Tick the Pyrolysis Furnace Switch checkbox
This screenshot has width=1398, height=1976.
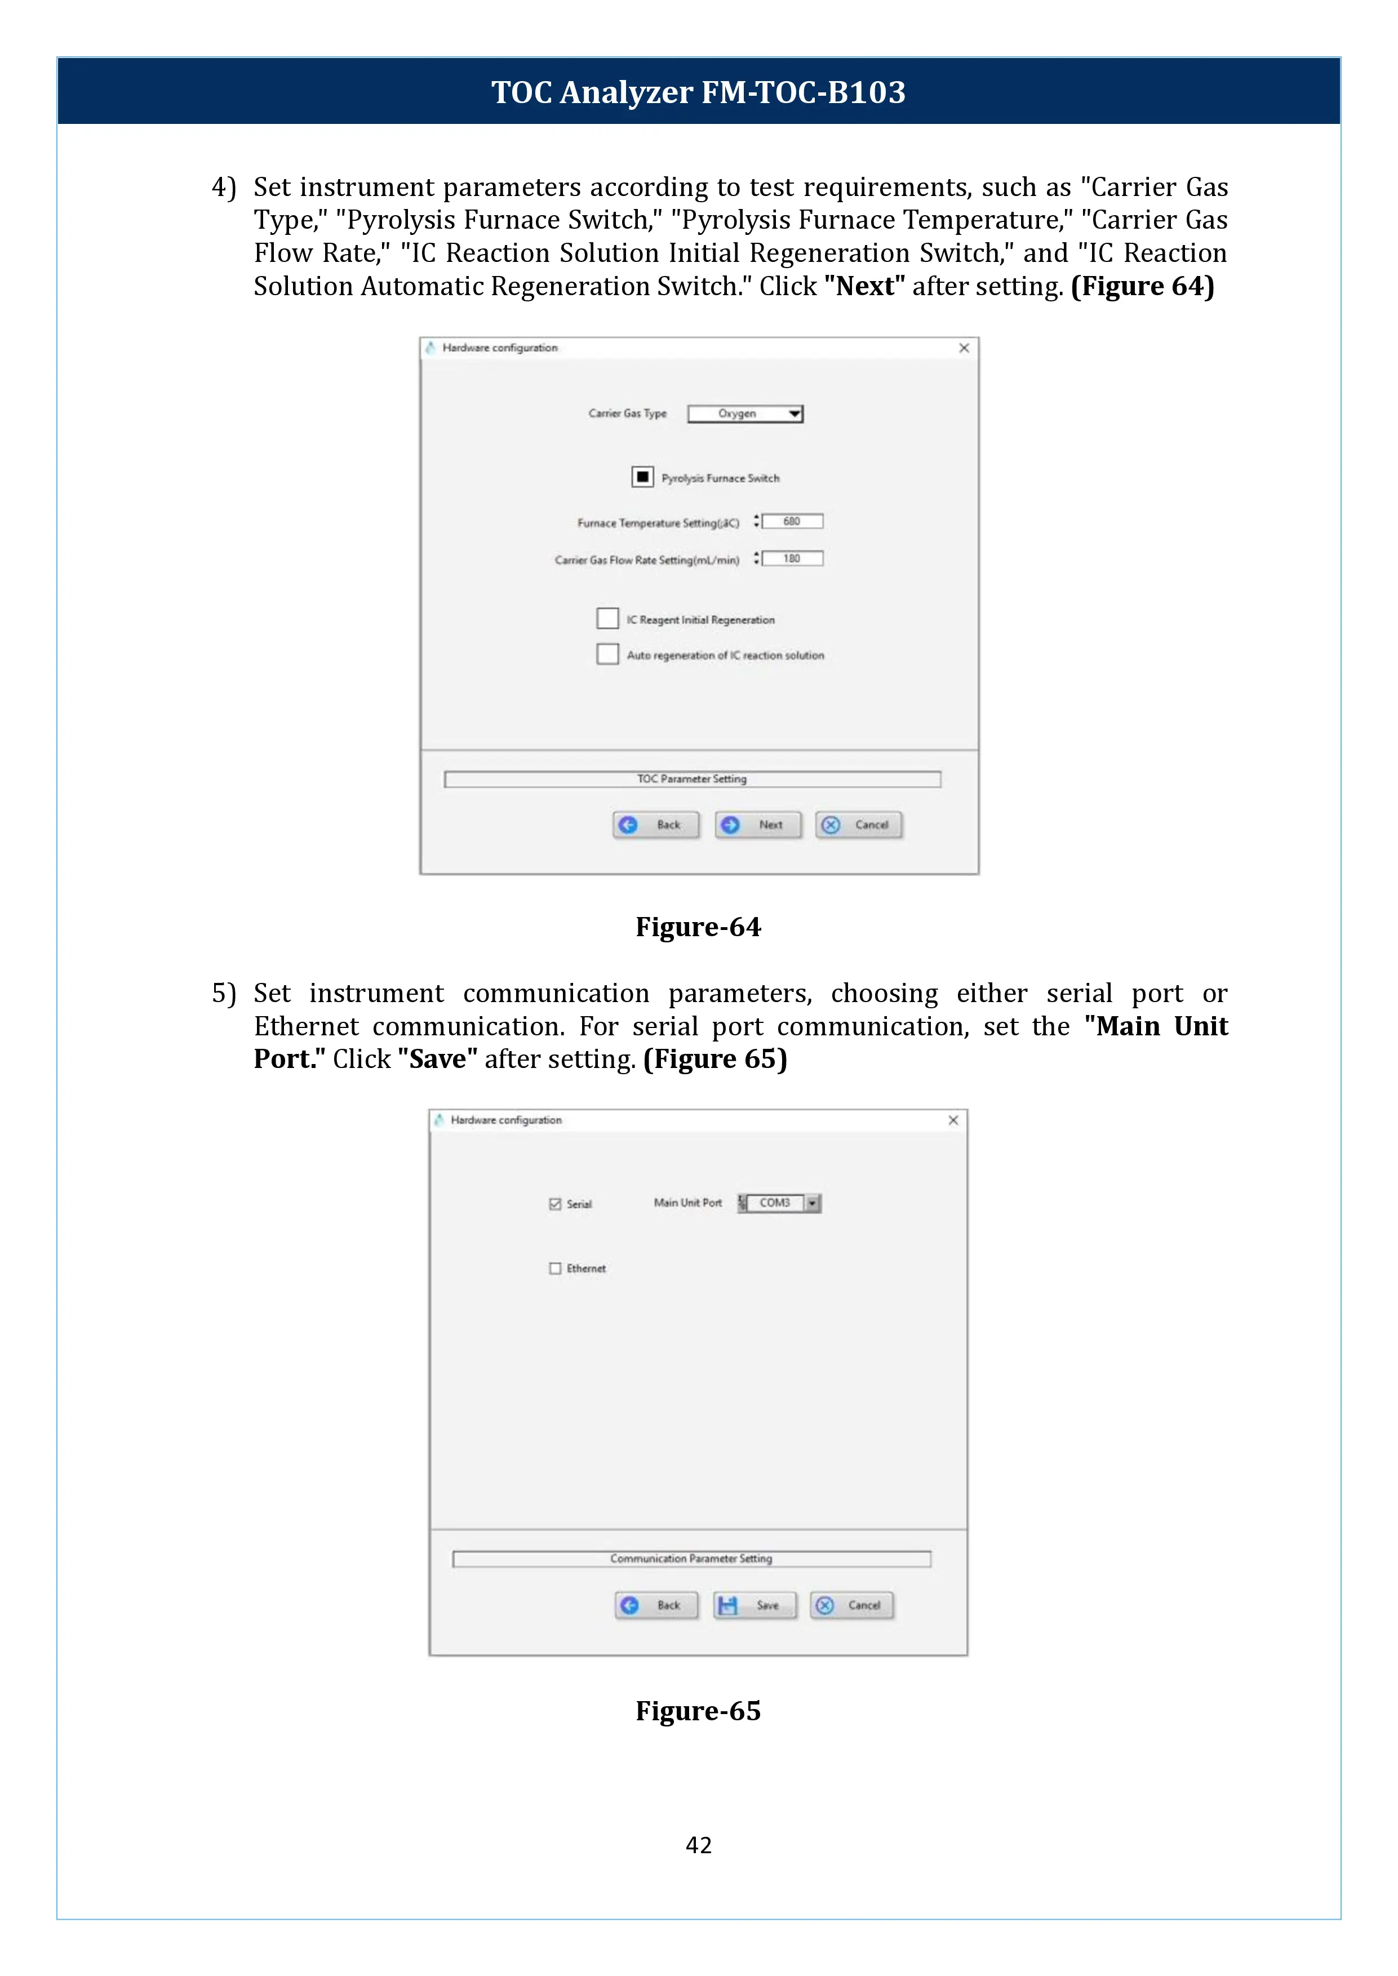coord(642,477)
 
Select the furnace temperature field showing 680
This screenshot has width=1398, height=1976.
coord(792,522)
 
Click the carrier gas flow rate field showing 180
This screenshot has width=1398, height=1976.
coord(792,559)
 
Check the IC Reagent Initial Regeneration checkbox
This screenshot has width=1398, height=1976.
coord(608,619)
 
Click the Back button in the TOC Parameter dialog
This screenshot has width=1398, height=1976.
coord(656,825)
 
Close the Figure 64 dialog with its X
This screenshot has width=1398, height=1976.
coord(964,348)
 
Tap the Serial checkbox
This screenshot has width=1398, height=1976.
coord(555,1204)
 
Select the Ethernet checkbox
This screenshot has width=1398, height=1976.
coord(555,1269)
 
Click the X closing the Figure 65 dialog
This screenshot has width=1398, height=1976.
coord(953,1120)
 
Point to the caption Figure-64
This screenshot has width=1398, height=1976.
coord(698,927)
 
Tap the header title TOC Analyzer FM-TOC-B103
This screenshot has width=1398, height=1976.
coord(698,92)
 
